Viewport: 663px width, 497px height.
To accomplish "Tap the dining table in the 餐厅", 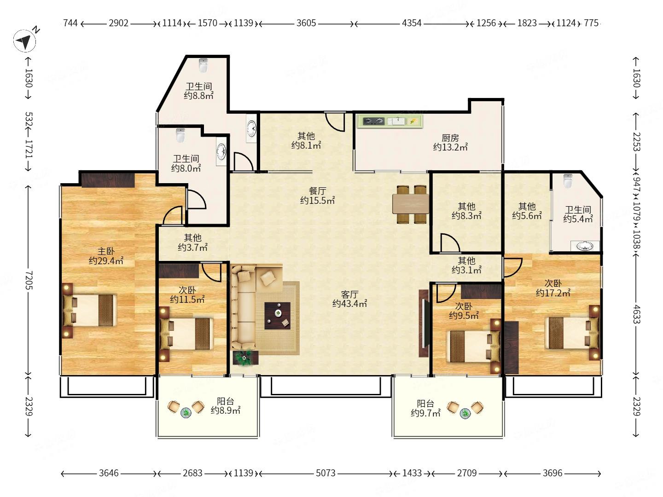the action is tap(411, 204).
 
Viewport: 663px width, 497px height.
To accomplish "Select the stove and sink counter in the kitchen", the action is tap(390, 121).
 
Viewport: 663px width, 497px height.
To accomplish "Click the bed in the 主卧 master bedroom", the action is tap(90, 310).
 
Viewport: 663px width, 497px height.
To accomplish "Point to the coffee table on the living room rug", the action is tap(277, 316).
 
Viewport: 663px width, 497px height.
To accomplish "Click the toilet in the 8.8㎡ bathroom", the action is tap(204, 65).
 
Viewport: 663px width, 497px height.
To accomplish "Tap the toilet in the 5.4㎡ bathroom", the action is tap(568, 181).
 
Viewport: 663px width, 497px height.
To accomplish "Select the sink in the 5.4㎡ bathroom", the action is tap(585, 246).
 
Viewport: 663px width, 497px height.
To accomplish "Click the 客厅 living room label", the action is tap(349, 294).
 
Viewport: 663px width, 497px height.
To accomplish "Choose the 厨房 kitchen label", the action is tap(450, 138).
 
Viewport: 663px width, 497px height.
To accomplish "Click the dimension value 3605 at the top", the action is tap(306, 23).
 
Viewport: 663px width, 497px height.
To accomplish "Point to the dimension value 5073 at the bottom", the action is tap(326, 473).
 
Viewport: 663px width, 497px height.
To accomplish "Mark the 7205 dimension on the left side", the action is tap(29, 280).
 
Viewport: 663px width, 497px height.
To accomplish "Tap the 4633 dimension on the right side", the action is tap(636, 314).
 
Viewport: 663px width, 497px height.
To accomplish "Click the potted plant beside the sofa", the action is tap(244, 358).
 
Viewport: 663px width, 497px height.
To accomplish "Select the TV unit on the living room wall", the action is tap(424, 323).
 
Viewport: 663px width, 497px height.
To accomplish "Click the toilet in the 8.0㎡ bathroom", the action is tap(180, 135).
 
